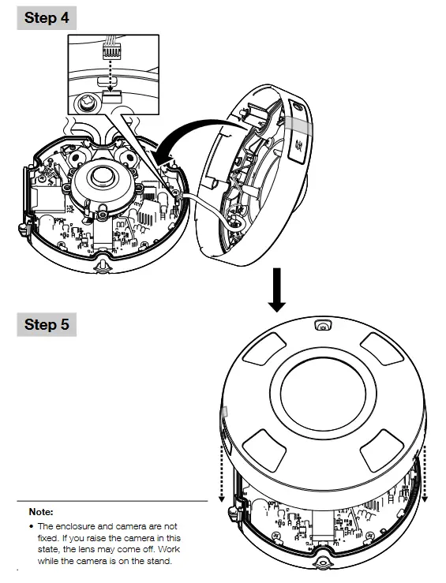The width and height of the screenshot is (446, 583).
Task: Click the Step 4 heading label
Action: pos(46,18)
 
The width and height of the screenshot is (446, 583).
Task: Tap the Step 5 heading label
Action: pos(46,324)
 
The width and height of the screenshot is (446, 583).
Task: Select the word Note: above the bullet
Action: pos(40,512)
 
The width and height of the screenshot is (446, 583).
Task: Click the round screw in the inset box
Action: pos(86,101)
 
